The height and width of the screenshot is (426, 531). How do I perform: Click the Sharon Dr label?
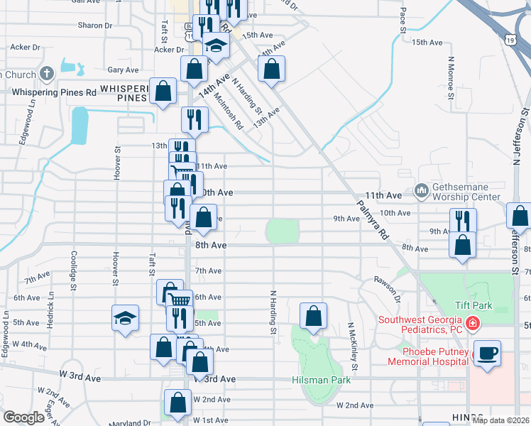tap(95, 26)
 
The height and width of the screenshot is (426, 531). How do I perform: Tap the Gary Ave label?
tap(123, 70)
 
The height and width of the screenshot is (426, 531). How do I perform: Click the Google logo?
tap(23, 417)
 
